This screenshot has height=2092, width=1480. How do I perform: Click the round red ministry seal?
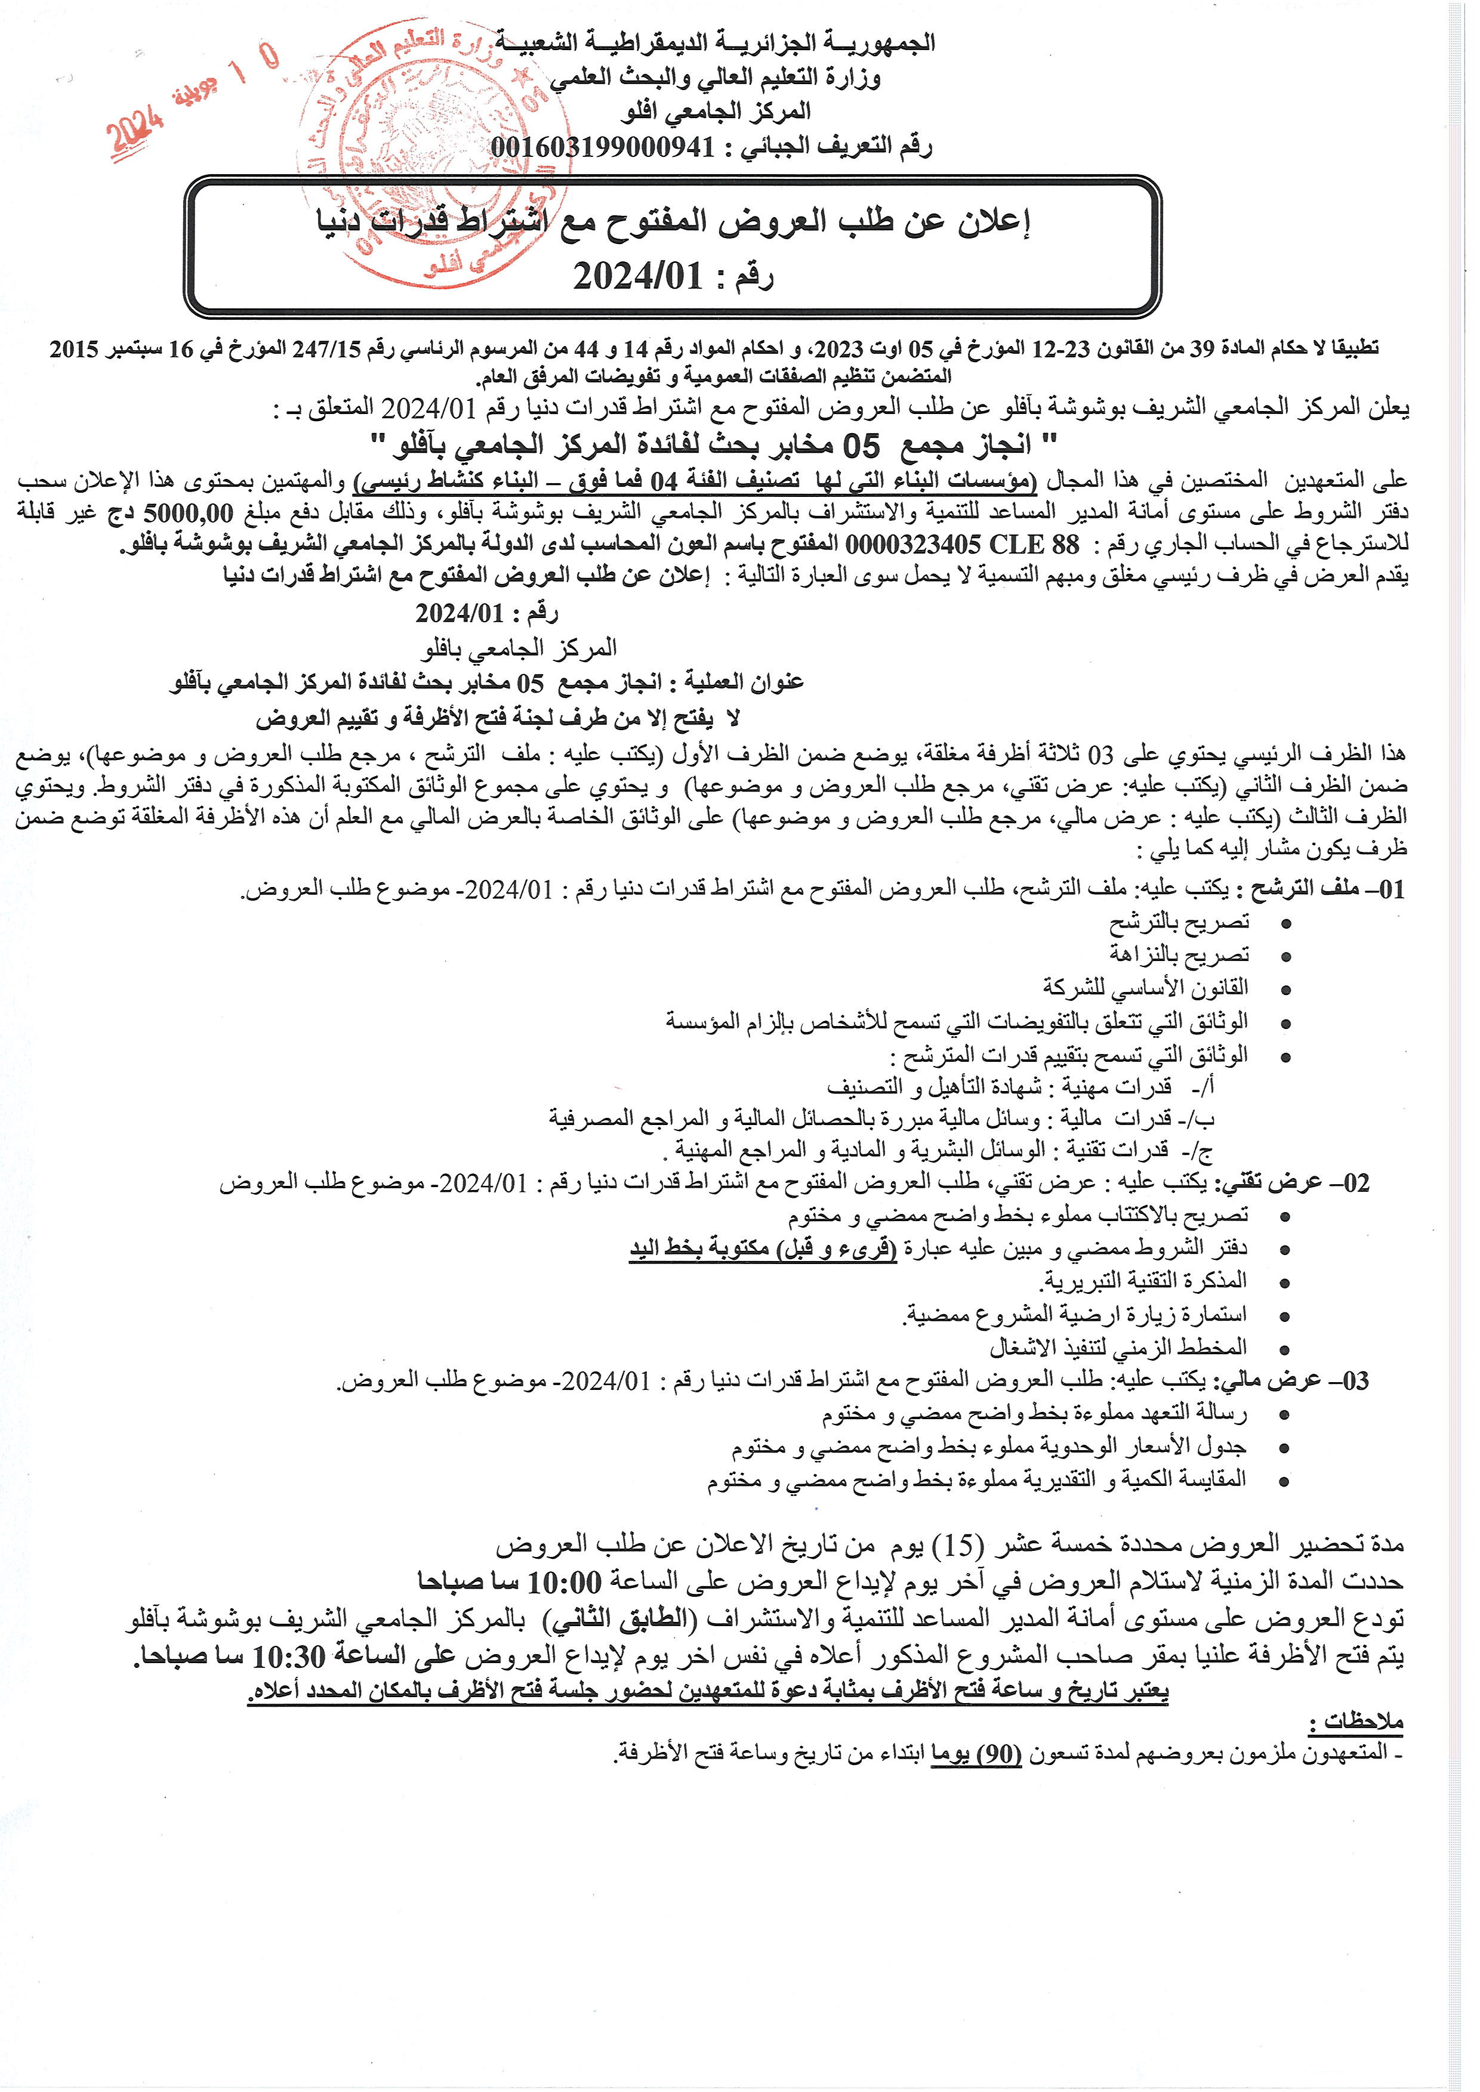pos(424,155)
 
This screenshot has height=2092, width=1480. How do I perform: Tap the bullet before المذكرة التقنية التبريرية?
pos(1286,1283)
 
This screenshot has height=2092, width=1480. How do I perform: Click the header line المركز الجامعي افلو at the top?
pos(716,112)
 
